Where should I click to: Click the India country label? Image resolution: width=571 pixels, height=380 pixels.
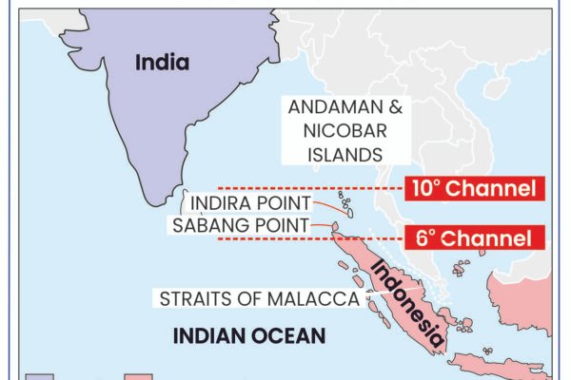(x=162, y=64)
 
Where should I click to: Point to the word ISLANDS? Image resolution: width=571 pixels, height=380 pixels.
(x=351, y=153)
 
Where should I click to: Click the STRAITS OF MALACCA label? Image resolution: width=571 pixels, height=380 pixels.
(x=259, y=299)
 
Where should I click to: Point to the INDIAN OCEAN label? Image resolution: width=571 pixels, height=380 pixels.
(x=249, y=335)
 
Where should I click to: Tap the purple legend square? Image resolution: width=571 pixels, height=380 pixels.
(x=38, y=376)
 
